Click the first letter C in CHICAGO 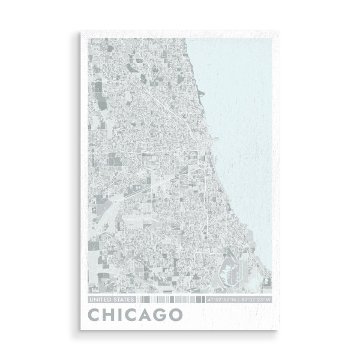(96, 314)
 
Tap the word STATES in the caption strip (119, 298)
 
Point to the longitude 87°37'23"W (257, 298)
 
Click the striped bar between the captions (170, 298)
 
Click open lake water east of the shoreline (246, 120)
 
